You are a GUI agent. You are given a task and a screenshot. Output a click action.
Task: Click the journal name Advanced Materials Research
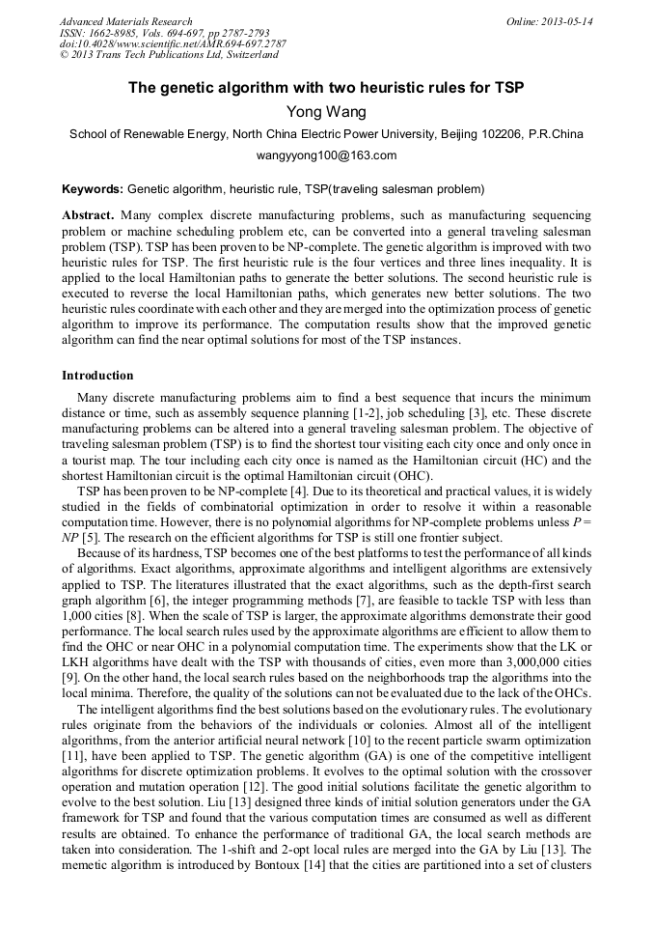click(x=125, y=21)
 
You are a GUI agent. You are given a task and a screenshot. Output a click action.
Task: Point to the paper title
click(x=326, y=88)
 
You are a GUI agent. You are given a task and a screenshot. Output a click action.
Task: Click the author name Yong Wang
click(x=326, y=112)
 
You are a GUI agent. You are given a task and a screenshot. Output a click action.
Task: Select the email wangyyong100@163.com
click(x=326, y=154)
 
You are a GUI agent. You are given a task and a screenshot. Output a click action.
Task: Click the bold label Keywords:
click(x=93, y=188)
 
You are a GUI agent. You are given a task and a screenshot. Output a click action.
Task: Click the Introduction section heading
click(x=97, y=375)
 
